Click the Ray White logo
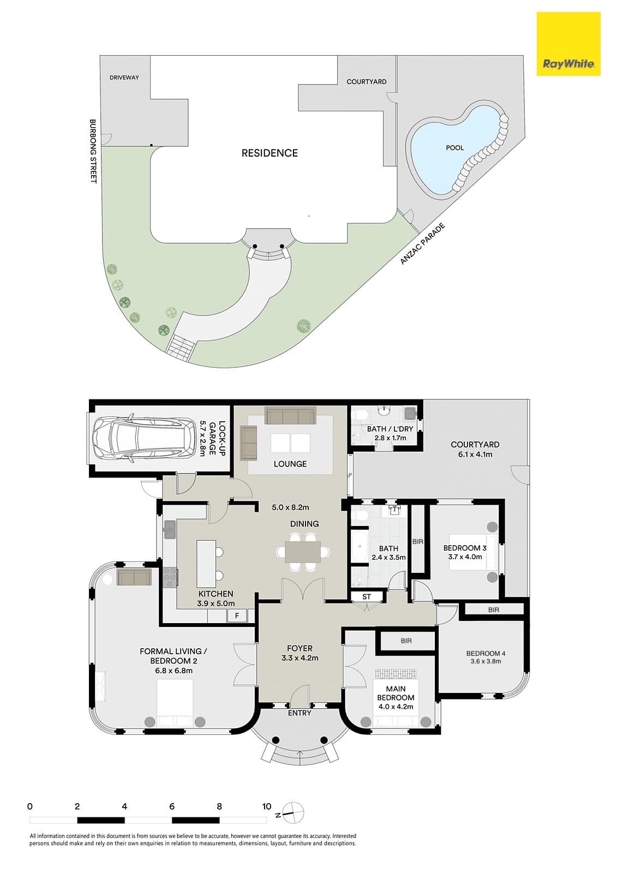point(568,44)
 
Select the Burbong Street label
point(93,151)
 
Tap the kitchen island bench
point(206,563)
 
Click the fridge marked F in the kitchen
point(237,616)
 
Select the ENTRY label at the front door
point(299,713)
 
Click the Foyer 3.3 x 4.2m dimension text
point(299,658)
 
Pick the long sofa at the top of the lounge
point(290,415)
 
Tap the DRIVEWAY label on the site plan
point(124,77)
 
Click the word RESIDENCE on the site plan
point(269,153)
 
